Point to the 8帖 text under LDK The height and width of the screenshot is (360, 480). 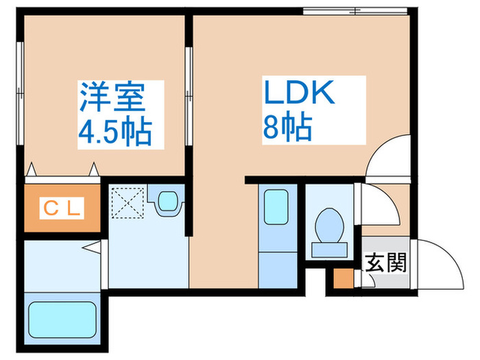287,127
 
